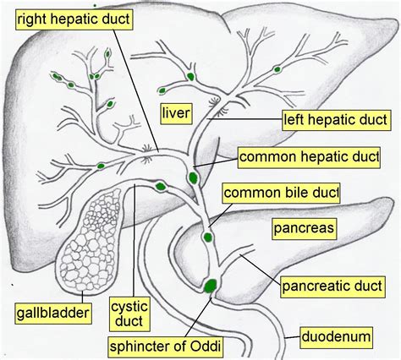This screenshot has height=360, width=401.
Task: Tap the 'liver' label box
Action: [179, 112]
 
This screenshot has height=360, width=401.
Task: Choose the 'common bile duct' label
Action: [286, 193]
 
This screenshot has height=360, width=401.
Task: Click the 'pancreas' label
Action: [305, 227]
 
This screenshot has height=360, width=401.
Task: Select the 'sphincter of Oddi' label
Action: [172, 346]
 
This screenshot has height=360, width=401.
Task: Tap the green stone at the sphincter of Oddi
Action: [208, 285]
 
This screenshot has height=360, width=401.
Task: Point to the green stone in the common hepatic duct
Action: [194, 177]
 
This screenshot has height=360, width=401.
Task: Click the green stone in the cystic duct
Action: [160, 183]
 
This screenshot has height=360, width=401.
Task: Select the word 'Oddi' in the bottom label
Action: [214, 346]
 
